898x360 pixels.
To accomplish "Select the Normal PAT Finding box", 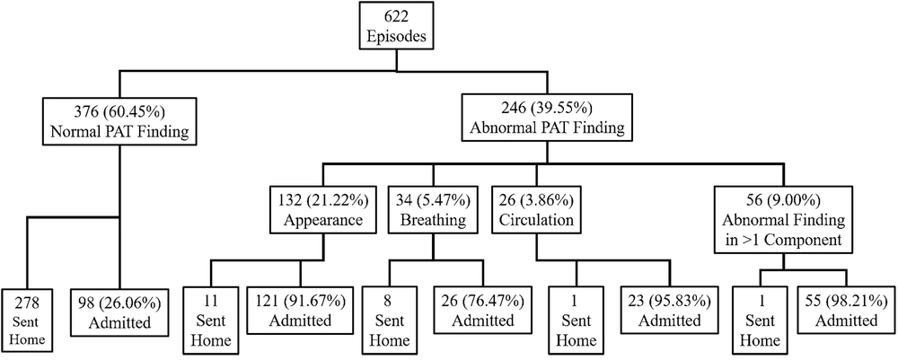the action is click(x=119, y=122).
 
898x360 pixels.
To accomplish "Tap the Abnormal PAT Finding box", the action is click(x=547, y=119).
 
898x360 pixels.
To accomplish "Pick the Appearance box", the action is click(x=323, y=211).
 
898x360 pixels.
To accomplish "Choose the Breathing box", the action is click(x=433, y=211).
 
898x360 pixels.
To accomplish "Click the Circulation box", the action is click(x=537, y=211).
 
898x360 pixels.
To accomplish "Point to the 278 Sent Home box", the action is click(x=27, y=321).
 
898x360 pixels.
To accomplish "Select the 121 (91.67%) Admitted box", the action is click(x=300, y=310).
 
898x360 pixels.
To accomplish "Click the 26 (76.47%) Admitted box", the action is click(x=483, y=310).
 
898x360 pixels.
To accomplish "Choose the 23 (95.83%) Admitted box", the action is click(x=669, y=310).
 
